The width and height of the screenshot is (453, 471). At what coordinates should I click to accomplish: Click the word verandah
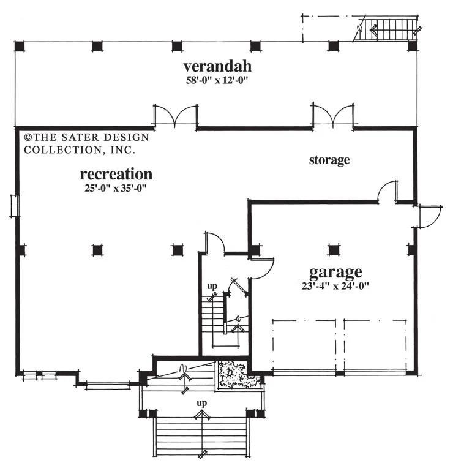click(x=217, y=67)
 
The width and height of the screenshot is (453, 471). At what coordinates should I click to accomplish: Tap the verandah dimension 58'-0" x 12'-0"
click(x=218, y=80)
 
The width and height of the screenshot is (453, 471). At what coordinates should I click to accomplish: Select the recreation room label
click(x=116, y=175)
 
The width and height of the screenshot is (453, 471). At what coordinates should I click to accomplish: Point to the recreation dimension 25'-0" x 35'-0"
click(x=116, y=189)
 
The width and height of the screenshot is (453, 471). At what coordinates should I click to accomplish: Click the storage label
click(x=329, y=160)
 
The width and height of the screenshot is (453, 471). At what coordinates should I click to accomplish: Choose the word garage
click(x=335, y=273)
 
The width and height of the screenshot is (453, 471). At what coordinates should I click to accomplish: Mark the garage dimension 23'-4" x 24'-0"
click(x=335, y=285)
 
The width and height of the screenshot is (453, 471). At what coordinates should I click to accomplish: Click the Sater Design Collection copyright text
click(x=87, y=143)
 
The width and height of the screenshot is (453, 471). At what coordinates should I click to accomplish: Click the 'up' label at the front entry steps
click(x=202, y=403)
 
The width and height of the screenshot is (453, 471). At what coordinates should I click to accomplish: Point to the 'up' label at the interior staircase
click(x=212, y=286)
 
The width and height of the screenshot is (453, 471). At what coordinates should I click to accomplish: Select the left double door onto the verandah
click(x=176, y=116)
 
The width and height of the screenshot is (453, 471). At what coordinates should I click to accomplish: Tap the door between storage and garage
click(x=387, y=191)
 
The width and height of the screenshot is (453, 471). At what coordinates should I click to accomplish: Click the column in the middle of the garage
click(x=333, y=250)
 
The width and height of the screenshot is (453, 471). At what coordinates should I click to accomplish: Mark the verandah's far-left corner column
click(x=20, y=47)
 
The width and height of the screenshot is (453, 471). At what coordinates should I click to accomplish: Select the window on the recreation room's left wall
click(x=15, y=206)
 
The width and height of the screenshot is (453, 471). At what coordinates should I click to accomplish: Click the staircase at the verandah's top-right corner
click(x=387, y=29)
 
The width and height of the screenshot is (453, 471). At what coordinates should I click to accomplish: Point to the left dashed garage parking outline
click(x=304, y=345)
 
